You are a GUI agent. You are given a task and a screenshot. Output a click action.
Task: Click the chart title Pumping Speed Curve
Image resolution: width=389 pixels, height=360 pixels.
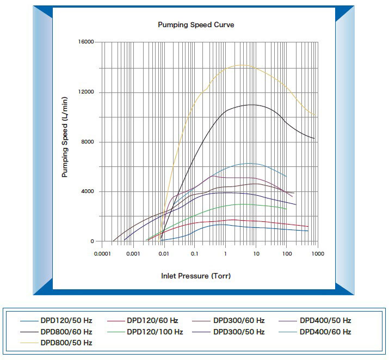pos(196,25)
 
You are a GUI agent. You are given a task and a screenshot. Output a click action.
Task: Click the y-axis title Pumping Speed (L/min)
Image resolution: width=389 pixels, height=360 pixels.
pos(65,136)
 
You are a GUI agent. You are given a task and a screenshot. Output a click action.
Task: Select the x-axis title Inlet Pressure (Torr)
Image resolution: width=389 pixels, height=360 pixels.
pos(196,276)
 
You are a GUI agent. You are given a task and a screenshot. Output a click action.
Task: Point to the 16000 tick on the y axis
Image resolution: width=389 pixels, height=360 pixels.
pos(85,42)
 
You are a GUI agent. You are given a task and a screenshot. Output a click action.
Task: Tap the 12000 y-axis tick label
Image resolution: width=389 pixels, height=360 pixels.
pos(85,92)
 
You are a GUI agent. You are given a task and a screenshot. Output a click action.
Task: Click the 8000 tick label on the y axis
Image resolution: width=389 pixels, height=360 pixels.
pos(87,142)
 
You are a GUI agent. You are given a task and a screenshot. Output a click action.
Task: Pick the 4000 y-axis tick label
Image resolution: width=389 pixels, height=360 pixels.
pos(87,191)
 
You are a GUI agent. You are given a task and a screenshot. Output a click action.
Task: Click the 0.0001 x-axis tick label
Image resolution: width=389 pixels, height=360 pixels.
pos(101,253)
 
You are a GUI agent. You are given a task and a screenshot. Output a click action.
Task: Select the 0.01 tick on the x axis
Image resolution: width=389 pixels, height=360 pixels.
pos(163,253)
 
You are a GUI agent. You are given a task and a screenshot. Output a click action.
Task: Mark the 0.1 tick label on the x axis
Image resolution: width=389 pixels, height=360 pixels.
pos(194,253)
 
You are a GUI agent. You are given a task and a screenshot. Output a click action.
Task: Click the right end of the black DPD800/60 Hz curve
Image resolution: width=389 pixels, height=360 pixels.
pos(314,138)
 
